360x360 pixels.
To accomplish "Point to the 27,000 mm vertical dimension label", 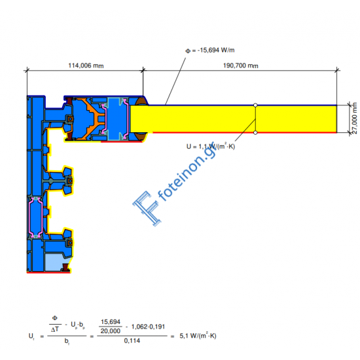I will point(354,118).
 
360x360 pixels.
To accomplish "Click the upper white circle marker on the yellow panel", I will point(255,105).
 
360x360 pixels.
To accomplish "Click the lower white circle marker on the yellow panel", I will point(255,132).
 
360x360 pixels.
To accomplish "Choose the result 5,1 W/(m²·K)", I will point(196,336).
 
